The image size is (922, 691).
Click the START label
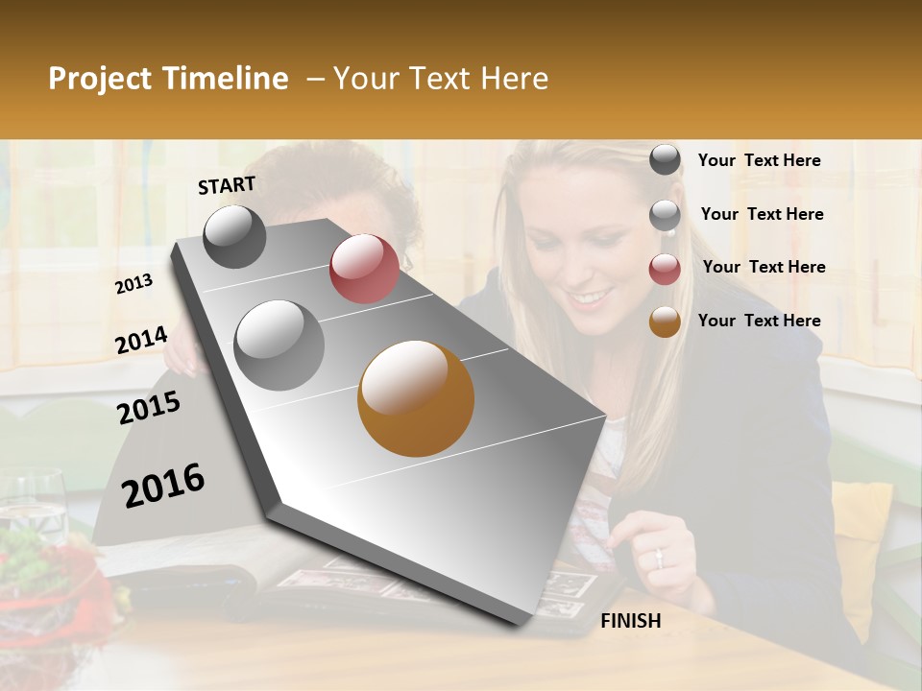pyautogui.click(x=227, y=185)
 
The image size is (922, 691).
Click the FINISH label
pyautogui.click(x=630, y=621)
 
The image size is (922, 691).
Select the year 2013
pyautogui.click(x=133, y=284)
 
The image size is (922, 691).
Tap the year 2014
pyautogui.click(x=141, y=341)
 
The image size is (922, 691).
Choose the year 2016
pyautogui.click(x=163, y=486)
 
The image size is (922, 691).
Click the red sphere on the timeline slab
pyautogui.click(x=364, y=269)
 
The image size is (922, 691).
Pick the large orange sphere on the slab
pyautogui.click(x=416, y=398)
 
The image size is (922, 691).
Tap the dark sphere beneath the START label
pyautogui.click(x=234, y=236)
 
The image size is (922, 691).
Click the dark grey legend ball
pyautogui.click(x=665, y=159)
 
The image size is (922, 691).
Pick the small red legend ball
pyautogui.click(x=665, y=270)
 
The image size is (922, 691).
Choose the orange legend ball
pyautogui.click(x=665, y=322)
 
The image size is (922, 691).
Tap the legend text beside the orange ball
pyautogui.click(x=759, y=321)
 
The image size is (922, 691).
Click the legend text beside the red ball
pyautogui.click(x=764, y=267)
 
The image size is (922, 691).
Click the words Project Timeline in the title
pyautogui.click(x=168, y=79)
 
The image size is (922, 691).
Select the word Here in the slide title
pyautogui.click(x=514, y=79)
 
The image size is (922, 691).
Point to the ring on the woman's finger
pyautogui.click(x=659, y=556)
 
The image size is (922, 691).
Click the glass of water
pyautogui.click(x=33, y=504)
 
